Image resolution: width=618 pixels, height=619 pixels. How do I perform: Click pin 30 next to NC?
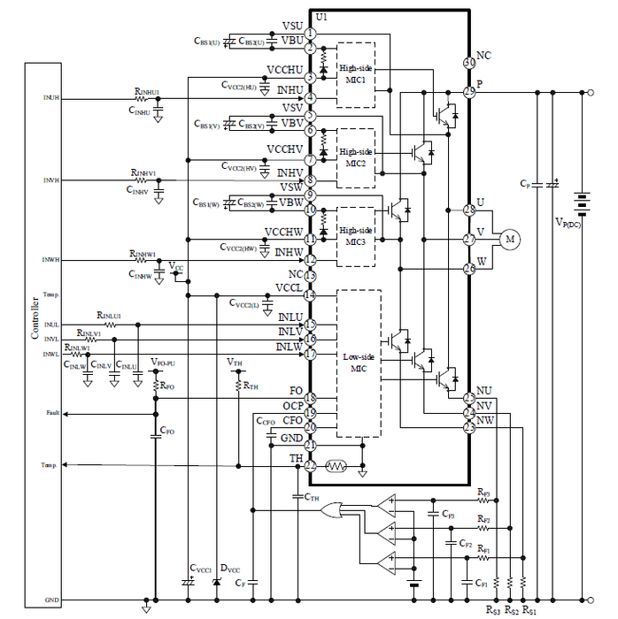(x=469, y=63)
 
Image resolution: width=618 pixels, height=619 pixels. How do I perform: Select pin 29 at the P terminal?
(x=469, y=91)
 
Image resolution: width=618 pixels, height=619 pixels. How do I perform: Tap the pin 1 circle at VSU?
(x=310, y=34)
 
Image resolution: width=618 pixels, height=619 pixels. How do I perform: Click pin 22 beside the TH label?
(x=310, y=465)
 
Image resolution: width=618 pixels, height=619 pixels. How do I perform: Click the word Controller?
(x=35, y=317)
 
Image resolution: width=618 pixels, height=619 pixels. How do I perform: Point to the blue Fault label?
(x=52, y=412)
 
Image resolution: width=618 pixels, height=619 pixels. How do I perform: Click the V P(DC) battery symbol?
(x=582, y=203)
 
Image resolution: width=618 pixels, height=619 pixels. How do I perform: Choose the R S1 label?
(x=529, y=610)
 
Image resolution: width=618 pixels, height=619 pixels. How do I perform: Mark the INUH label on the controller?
(x=51, y=98)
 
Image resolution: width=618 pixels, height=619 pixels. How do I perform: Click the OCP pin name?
(x=293, y=406)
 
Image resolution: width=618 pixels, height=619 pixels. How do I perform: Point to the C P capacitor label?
(x=525, y=184)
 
